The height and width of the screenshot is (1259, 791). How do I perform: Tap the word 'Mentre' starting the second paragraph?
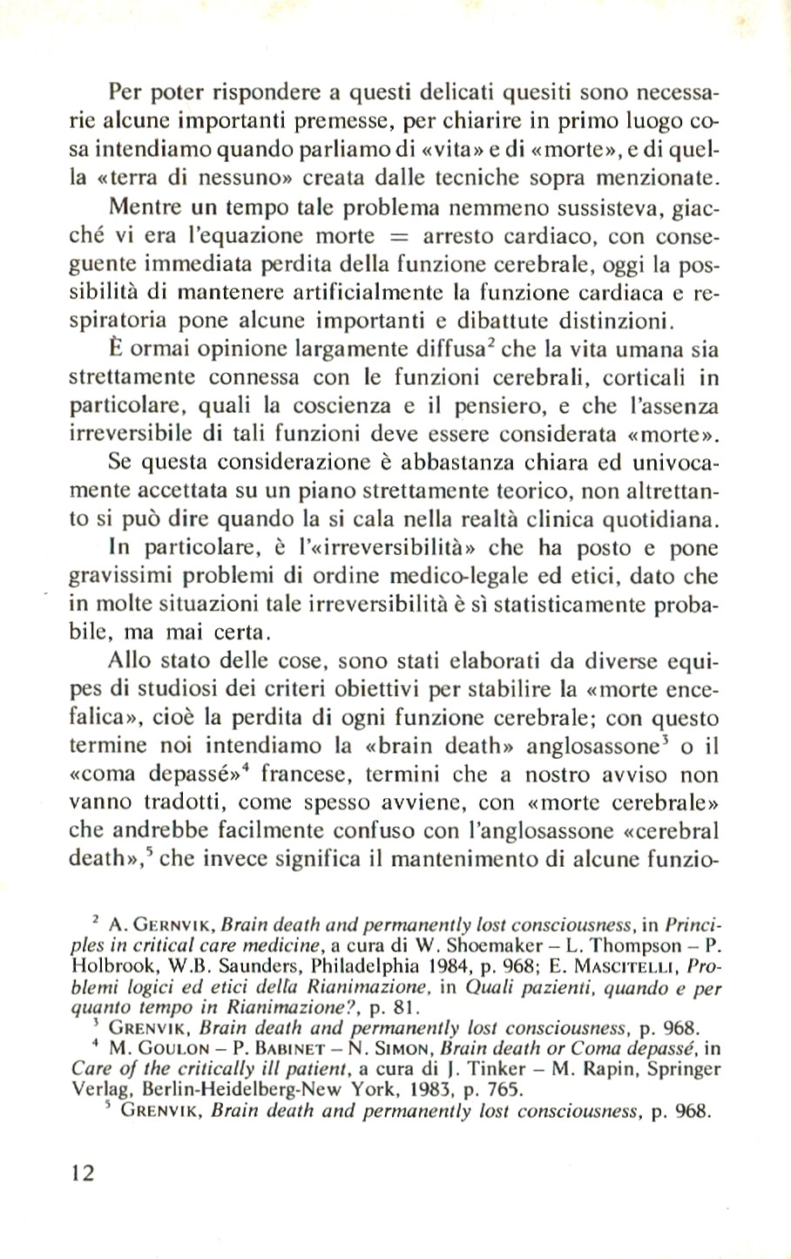[x=140, y=209]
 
